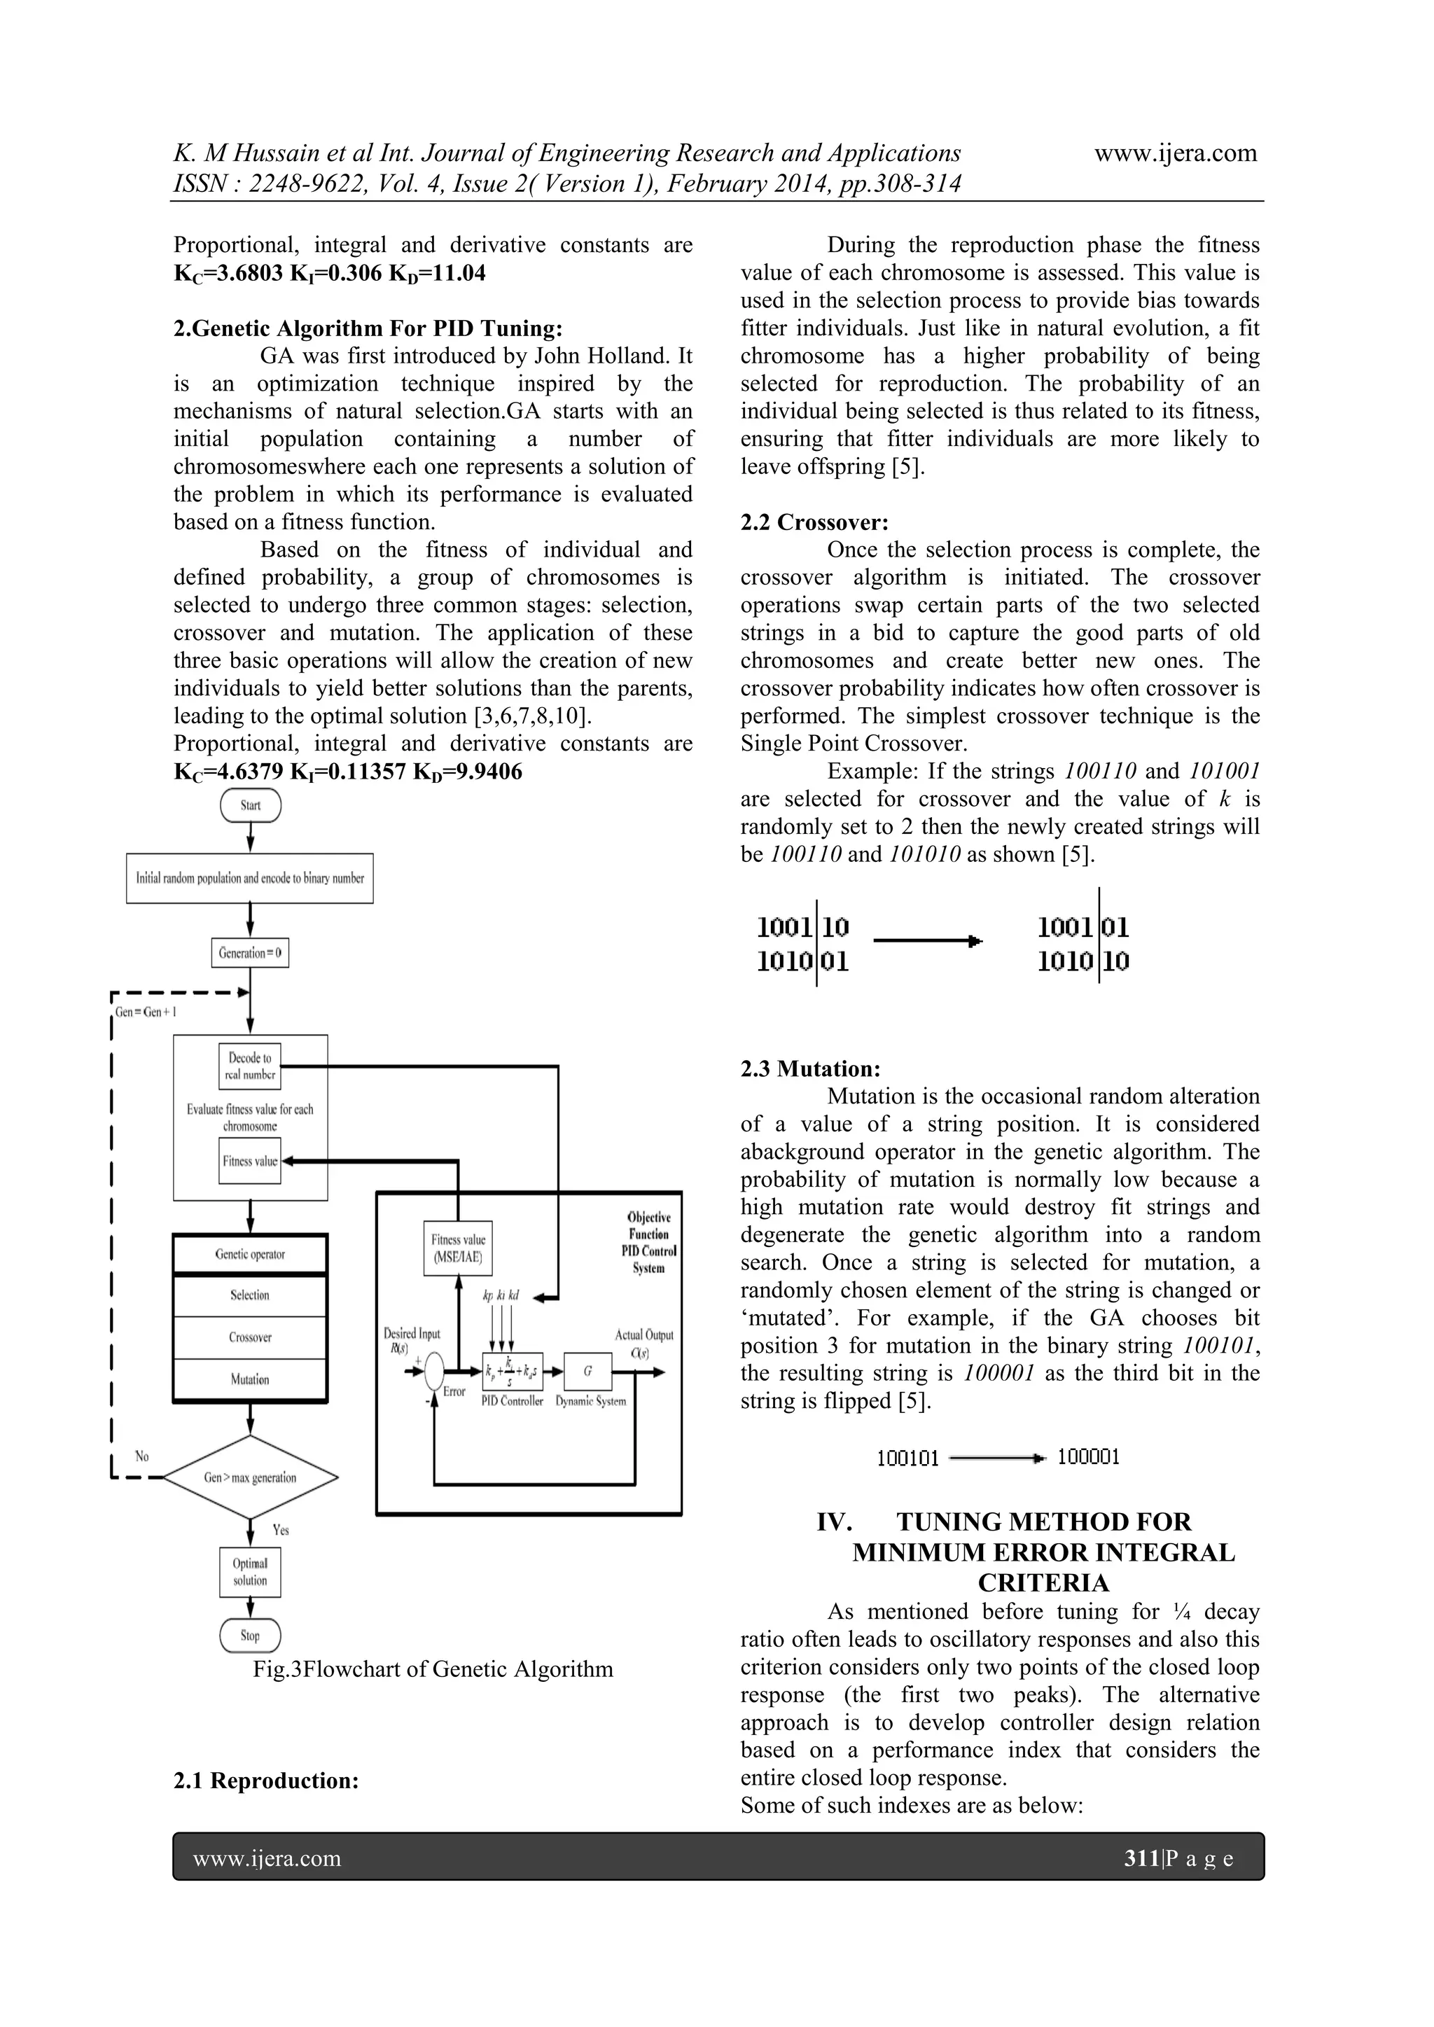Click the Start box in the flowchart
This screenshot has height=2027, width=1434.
coord(251,805)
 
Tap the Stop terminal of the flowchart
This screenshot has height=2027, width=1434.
coord(250,1635)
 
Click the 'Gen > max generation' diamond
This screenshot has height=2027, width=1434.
coord(251,1477)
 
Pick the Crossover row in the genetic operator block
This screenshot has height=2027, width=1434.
coord(250,1337)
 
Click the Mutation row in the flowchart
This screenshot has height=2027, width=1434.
coord(250,1379)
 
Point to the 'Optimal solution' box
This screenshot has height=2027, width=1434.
coord(250,1571)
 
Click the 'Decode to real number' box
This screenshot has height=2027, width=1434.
coord(251,1066)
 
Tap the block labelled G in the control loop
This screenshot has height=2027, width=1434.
coord(587,1371)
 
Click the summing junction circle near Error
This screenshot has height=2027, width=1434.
coord(433,1371)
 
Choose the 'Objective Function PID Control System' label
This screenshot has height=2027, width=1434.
coord(648,1242)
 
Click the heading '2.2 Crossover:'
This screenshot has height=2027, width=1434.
coord(814,522)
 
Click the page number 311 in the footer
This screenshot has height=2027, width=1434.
coord(1141,1858)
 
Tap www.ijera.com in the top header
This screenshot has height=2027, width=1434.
coord(1176,153)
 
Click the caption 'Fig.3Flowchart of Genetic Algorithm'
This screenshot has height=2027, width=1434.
coord(433,1669)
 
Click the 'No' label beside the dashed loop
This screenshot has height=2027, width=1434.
coord(142,1456)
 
